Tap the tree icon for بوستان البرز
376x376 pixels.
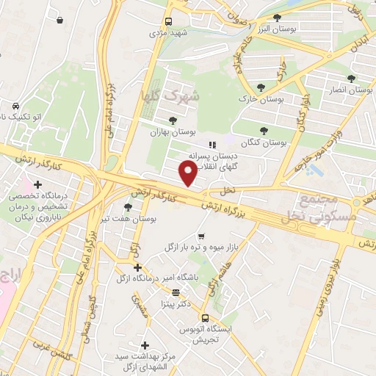277,18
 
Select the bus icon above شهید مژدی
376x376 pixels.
169,21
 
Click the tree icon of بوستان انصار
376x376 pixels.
350,78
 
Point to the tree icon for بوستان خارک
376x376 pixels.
260,87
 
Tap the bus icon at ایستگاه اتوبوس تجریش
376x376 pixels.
205,319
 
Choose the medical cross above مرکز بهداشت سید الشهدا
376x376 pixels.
145,344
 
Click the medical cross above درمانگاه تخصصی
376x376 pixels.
36,184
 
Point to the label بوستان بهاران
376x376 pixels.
171,132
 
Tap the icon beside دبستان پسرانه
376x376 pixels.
211,145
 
